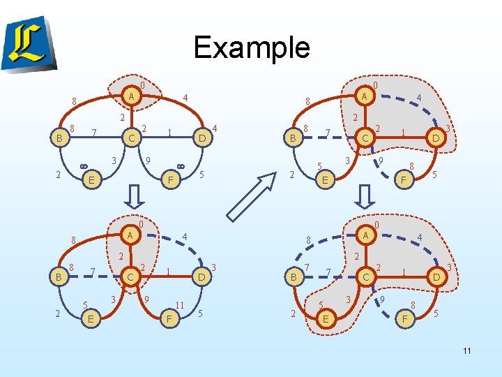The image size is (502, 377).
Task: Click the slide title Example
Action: click(x=251, y=47)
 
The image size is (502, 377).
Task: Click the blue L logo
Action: click(x=30, y=43)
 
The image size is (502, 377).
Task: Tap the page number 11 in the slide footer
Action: click(x=466, y=350)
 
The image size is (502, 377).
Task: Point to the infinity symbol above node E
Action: click(x=84, y=165)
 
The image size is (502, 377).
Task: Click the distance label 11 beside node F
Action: click(x=179, y=305)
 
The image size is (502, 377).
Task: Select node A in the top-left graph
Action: click(x=130, y=96)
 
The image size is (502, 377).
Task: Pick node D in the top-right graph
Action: click(x=435, y=138)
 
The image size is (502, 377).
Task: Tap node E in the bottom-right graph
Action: click(x=324, y=318)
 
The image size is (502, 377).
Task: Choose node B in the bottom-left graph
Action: click(x=59, y=276)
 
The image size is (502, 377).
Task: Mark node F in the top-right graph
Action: click(x=402, y=180)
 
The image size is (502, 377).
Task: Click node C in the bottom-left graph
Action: click(x=130, y=277)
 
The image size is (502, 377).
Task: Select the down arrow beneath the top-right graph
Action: click(x=363, y=197)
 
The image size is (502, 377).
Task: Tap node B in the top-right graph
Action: click(x=294, y=138)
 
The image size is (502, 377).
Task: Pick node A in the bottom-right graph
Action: click(x=365, y=235)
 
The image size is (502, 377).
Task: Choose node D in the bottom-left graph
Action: click(x=201, y=277)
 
